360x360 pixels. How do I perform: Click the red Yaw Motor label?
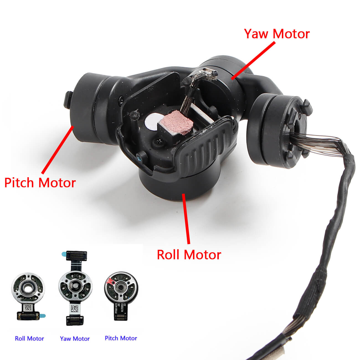click(x=277, y=34)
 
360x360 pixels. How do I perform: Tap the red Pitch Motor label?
click(x=40, y=183)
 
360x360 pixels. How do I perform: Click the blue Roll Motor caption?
click(x=29, y=338)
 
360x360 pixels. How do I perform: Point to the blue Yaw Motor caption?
click(x=75, y=338)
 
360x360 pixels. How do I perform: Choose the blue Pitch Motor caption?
click(x=121, y=338)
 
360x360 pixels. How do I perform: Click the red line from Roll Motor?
click(x=186, y=219)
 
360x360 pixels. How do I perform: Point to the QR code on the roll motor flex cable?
click(x=28, y=308)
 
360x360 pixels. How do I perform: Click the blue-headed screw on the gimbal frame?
click(x=139, y=158)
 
